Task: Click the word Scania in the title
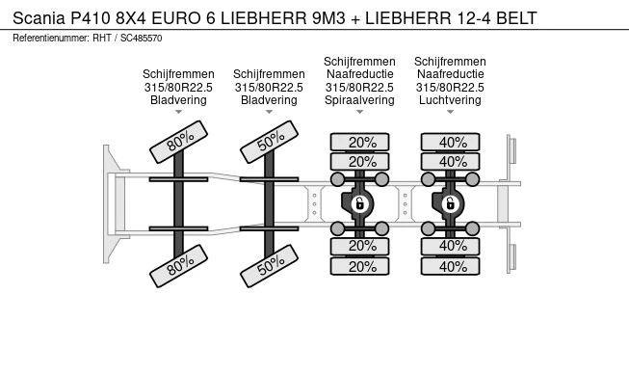39,18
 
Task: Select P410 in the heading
91,18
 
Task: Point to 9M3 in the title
328,18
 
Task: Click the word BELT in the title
516,18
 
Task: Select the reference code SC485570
142,39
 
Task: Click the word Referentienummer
50,39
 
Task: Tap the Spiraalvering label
359,100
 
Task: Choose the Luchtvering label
450,100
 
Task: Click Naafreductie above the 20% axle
359,74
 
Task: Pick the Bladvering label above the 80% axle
178,100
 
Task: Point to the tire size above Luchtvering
450,87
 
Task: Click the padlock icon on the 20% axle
359,203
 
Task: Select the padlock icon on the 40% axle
450,203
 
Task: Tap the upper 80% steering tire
178,142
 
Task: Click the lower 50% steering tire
269,266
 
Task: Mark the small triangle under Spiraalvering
359,112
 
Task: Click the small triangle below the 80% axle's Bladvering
178,112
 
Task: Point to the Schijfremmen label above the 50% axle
269,74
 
